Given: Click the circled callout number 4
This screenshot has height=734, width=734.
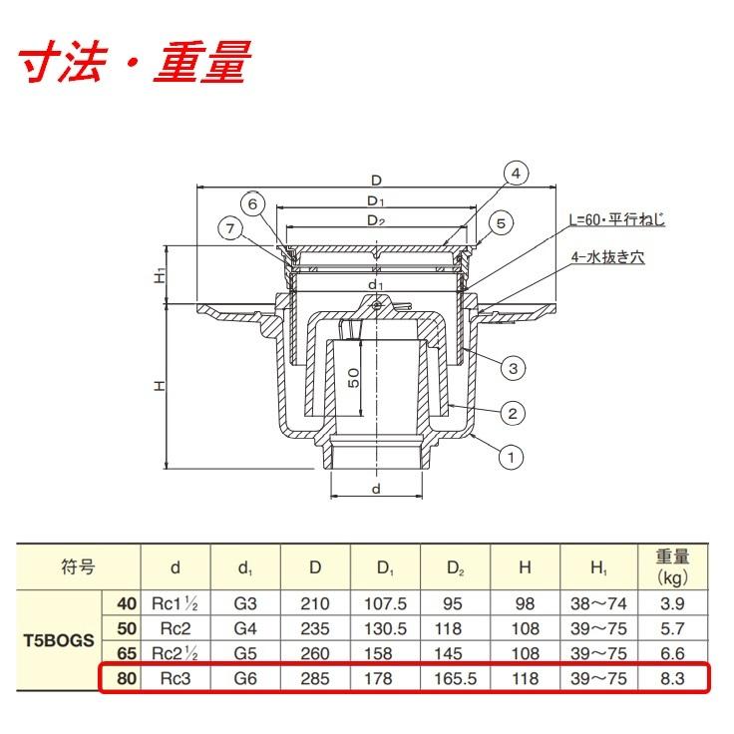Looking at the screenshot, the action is [x=516, y=174].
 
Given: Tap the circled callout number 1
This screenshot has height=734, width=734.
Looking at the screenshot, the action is [x=511, y=457].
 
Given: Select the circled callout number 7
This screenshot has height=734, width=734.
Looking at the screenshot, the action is [x=230, y=229].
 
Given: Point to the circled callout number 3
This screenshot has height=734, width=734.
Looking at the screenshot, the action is [x=513, y=368].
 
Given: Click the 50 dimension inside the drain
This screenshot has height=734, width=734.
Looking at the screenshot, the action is [x=354, y=378].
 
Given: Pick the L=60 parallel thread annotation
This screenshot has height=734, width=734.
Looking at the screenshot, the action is [x=617, y=220].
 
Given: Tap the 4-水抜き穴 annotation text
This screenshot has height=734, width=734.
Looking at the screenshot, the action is [x=607, y=257].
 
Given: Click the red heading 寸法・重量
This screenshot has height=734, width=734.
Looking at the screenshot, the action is [x=135, y=62].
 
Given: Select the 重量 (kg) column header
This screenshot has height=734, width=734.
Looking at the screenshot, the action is [x=673, y=566].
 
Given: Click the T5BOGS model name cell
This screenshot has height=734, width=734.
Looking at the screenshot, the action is [x=59, y=640].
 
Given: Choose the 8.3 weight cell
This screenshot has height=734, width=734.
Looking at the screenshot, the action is [x=672, y=678].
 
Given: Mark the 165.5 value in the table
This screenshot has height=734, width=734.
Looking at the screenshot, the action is [x=455, y=678].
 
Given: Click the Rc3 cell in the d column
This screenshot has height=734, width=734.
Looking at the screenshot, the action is [x=176, y=678].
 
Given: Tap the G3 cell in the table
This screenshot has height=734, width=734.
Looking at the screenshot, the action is [x=245, y=603].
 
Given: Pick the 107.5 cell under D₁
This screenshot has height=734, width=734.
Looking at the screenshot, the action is [x=385, y=603].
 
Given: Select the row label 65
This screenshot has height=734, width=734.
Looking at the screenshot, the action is [x=127, y=653].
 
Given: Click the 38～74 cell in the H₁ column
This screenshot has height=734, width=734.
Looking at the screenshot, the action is [x=598, y=603].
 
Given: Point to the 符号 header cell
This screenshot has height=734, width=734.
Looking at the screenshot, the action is [x=78, y=566].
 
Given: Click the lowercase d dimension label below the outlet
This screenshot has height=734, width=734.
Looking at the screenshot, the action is [x=376, y=490].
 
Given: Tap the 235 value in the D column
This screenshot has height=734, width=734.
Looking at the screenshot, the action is [x=315, y=628].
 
